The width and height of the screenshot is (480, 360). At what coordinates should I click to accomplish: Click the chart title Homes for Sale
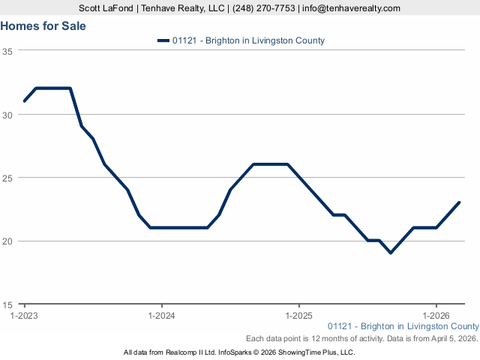43,25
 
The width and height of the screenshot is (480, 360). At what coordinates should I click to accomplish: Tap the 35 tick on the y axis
7,51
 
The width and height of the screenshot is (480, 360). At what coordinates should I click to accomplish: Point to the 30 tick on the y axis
7,115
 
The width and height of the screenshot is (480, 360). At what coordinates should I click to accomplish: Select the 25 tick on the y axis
7,178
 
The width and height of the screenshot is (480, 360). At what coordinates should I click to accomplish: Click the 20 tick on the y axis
7,241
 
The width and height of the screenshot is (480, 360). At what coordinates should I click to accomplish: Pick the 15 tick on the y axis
7,304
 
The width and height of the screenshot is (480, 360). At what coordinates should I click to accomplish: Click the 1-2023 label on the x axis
25,316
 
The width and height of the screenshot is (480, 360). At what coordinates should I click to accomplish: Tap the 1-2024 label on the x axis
162,316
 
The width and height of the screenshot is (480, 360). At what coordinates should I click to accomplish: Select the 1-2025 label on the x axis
299,316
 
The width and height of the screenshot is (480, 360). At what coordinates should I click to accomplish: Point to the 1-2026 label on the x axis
436,316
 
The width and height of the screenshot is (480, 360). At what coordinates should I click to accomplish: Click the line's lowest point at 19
391,253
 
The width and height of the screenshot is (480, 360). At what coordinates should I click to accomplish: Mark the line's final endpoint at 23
459,202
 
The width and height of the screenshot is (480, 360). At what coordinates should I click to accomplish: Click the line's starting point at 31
25,101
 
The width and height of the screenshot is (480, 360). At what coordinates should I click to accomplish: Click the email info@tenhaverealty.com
351,8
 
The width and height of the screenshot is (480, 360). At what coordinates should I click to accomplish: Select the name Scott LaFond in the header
106,8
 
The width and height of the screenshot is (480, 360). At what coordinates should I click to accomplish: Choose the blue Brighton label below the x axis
403,326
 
